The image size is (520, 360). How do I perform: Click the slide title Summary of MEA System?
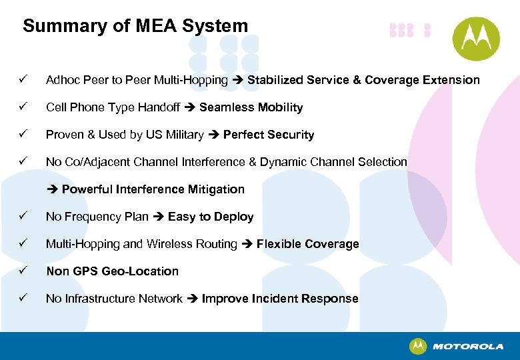click(135, 27)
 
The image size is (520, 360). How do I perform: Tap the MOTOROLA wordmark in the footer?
click(467, 347)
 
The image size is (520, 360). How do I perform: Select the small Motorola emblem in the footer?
click(418, 347)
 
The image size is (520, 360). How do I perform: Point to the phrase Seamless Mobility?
click(251, 107)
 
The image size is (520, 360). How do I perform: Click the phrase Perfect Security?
click(268, 135)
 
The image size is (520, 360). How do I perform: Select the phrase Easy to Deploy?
click(211, 217)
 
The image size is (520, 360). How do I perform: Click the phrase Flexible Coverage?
click(307, 244)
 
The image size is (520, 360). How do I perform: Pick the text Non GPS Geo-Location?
click(112, 271)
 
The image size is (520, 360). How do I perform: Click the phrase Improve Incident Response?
click(279, 299)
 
